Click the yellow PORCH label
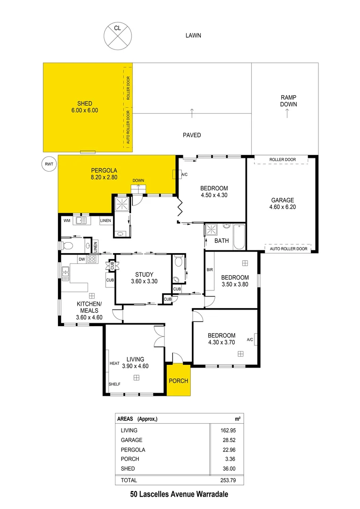click(179, 381)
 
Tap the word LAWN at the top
click(193, 35)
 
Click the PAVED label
click(192, 135)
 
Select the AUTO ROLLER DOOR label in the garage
click(289, 248)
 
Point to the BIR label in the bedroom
click(210, 270)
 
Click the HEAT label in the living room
click(115, 363)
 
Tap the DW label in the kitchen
click(82, 259)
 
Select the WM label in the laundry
click(66, 220)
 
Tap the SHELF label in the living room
click(115, 384)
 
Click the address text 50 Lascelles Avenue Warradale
click(179, 495)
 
